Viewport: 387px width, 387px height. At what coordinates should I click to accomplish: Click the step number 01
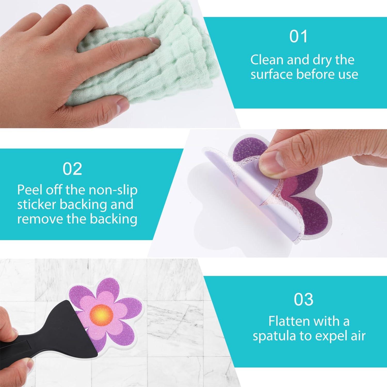[x=299, y=36]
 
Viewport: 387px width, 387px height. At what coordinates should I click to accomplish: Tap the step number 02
[x=72, y=169]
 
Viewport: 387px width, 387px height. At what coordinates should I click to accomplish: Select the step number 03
[x=304, y=299]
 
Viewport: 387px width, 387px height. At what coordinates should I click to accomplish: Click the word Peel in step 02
[x=28, y=190]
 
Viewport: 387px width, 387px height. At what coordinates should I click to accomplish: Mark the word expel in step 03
[x=329, y=336]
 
